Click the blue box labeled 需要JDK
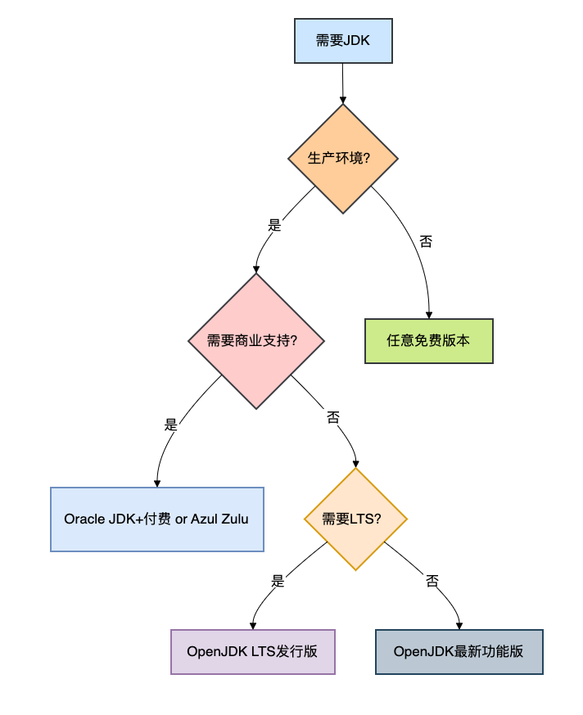click(x=343, y=41)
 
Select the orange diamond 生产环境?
click(x=343, y=159)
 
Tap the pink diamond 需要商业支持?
click(x=256, y=341)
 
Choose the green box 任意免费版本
click(x=429, y=341)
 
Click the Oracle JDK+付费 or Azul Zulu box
click(x=157, y=519)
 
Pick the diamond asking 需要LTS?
click(x=355, y=519)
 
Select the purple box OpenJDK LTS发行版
click(x=253, y=652)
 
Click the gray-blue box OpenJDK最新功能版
click(x=459, y=652)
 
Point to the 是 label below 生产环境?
click(x=274, y=225)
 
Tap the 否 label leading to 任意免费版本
click(x=426, y=241)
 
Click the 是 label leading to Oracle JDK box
click(x=171, y=425)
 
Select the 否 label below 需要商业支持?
click(x=333, y=416)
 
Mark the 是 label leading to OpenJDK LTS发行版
click(x=278, y=581)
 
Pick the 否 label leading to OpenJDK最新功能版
click(x=432, y=581)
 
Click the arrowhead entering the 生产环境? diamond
click(x=343, y=100)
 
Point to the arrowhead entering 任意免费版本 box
click(x=429, y=315)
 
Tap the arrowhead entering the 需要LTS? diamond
click(x=355, y=464)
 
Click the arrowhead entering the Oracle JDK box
click(x=157, y=483)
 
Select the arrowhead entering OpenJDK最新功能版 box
click(x=459, y=626)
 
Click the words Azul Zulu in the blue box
click(x=219, y=519)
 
